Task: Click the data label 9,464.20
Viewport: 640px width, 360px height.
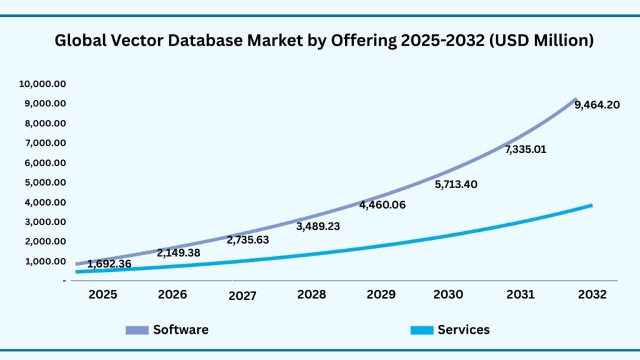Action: pyautogui.click(x=597, y=105)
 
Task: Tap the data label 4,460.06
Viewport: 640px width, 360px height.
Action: pyautogui.click(x=382, y=205)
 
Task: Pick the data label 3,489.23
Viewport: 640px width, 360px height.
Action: pyautogui.click(x=317, y=226)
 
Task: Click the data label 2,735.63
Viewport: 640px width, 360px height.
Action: pyautogui.click(x=247, y=240)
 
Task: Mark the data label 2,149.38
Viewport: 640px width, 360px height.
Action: pyautogui.click(x=179, y=253)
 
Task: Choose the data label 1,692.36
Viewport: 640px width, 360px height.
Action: pyautogui.click(x=109, y=264)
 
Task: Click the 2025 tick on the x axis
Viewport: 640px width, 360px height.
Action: pyautogui.click(x=102, y=294)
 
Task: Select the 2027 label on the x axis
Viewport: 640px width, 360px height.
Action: pyautogui.click(x=242, y=296)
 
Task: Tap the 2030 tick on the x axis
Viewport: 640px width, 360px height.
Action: pyautogui.click(x=448, y=294)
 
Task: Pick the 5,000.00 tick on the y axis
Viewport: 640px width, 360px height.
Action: pyautogui.click(x=45, y=182)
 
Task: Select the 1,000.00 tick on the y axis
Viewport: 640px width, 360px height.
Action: pyautogui.click(x=45, y=261)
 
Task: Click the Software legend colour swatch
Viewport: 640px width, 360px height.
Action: pyautogui.click(x=137, y=330)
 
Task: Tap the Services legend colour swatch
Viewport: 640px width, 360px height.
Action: pyautogui.click(x=421, y=330)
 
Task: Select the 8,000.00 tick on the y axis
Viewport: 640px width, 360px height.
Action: pyautogui.click(x=45, y=123)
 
